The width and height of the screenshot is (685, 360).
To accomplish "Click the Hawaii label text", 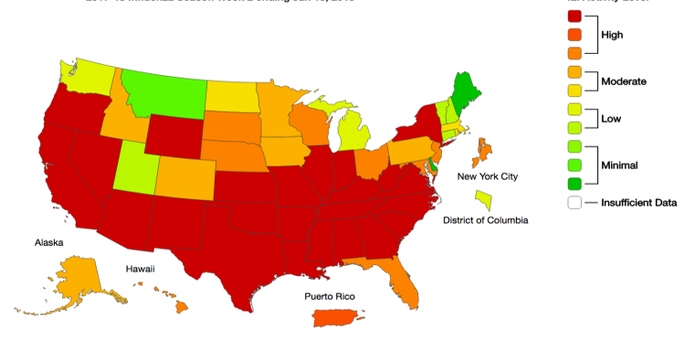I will pyautogui.click(x=140, y=269).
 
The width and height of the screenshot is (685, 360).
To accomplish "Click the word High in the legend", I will pyautogui.click(x=612, y=35).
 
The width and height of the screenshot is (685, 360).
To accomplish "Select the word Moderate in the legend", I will pyautogui.click(x=623, y=81).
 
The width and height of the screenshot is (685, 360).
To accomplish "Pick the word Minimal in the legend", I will pyautogui.click(x=619, y=165).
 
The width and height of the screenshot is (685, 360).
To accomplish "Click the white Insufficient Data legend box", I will pyautogui.click(x=574, y=203).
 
